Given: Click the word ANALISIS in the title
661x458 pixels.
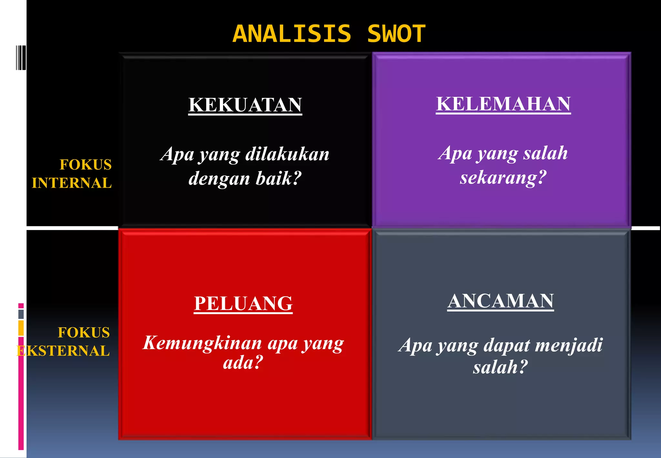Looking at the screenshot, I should click(x=292, y=34).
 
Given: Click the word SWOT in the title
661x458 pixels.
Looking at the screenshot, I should click(x=397, y=34).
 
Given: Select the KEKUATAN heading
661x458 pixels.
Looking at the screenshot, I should click(x=245, y=105).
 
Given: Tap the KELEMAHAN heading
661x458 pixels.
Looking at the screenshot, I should click(x=503, y=104).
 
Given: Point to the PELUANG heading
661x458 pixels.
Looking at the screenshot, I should click(x=243, y=304).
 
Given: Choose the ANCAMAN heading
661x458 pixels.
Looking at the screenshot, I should click(x=501, y=301).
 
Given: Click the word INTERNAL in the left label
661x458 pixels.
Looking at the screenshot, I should click(x=72, y=183).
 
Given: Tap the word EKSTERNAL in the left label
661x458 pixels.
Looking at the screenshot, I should click(x=63, y=351).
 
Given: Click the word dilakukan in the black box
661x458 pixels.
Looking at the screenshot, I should click(x=287, y=154).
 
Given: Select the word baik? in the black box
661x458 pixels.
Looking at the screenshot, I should click(x=279, y=179).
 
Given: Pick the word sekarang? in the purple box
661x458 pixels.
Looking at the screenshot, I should click(x=503, y=178).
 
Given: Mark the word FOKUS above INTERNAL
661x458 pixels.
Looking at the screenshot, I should click(x=86, y=165).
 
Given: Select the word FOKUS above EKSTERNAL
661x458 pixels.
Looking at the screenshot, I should click(x=84, y=333).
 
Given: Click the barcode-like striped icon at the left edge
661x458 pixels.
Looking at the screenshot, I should click(x=21, y=58).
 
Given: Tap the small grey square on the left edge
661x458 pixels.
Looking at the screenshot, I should click(x=21, y=314).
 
